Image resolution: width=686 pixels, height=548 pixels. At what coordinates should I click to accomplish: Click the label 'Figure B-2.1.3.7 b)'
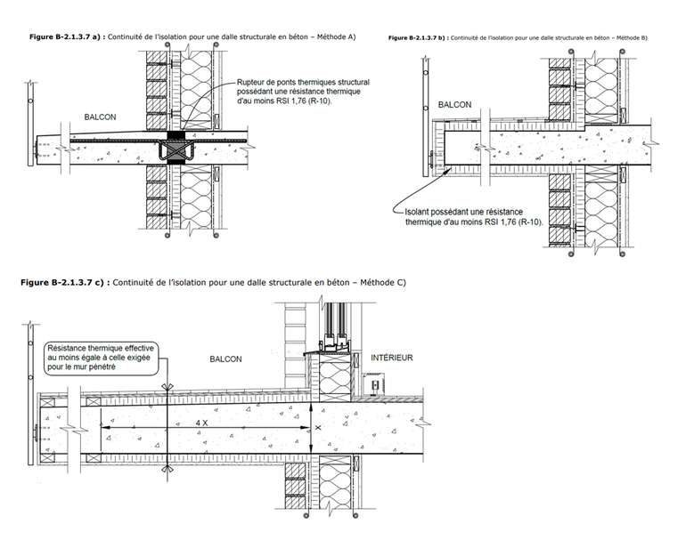tap(417, 38)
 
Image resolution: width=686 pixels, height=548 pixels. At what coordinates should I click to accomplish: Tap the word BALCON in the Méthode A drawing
tap(101, 117)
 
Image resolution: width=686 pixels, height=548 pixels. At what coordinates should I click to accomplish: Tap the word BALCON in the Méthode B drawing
tap(454, 105)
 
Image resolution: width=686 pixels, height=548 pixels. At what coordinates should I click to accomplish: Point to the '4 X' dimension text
tap(201, 421)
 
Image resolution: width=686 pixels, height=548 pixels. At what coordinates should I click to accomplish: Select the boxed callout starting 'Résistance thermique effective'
tap(101, 358)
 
